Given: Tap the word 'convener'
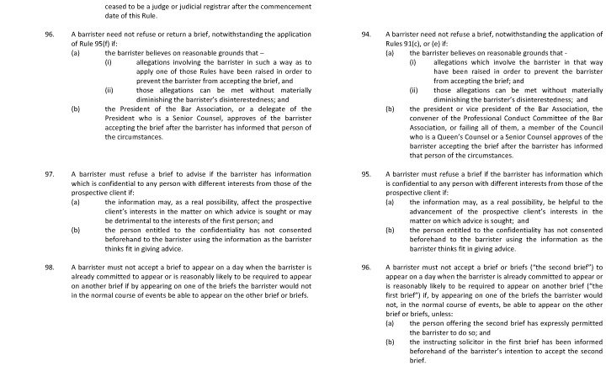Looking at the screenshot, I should (x=410, y=118).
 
